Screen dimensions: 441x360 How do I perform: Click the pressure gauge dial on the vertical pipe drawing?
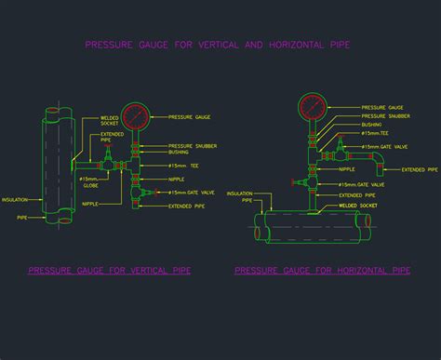click(135, 117)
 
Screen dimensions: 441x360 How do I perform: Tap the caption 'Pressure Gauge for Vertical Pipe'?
click(110, 271)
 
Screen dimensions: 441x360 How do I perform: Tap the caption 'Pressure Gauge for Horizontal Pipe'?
click(323, 271)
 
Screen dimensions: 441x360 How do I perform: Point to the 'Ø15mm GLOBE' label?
click(90, 182)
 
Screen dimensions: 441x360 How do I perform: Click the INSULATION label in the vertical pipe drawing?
click(15, 199)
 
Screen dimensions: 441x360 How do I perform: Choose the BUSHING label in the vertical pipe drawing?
click(179, 153)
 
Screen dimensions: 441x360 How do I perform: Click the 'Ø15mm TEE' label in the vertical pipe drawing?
click(183, 165)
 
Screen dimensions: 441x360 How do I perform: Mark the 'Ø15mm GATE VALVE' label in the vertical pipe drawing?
click(191, 193)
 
